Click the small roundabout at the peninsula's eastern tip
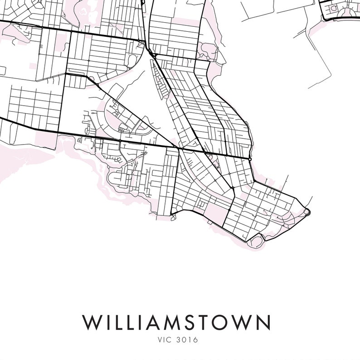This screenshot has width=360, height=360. pyautogui.click(x=307, y=211)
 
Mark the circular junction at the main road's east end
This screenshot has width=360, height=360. pyautogui.click(x=250, y=159)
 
